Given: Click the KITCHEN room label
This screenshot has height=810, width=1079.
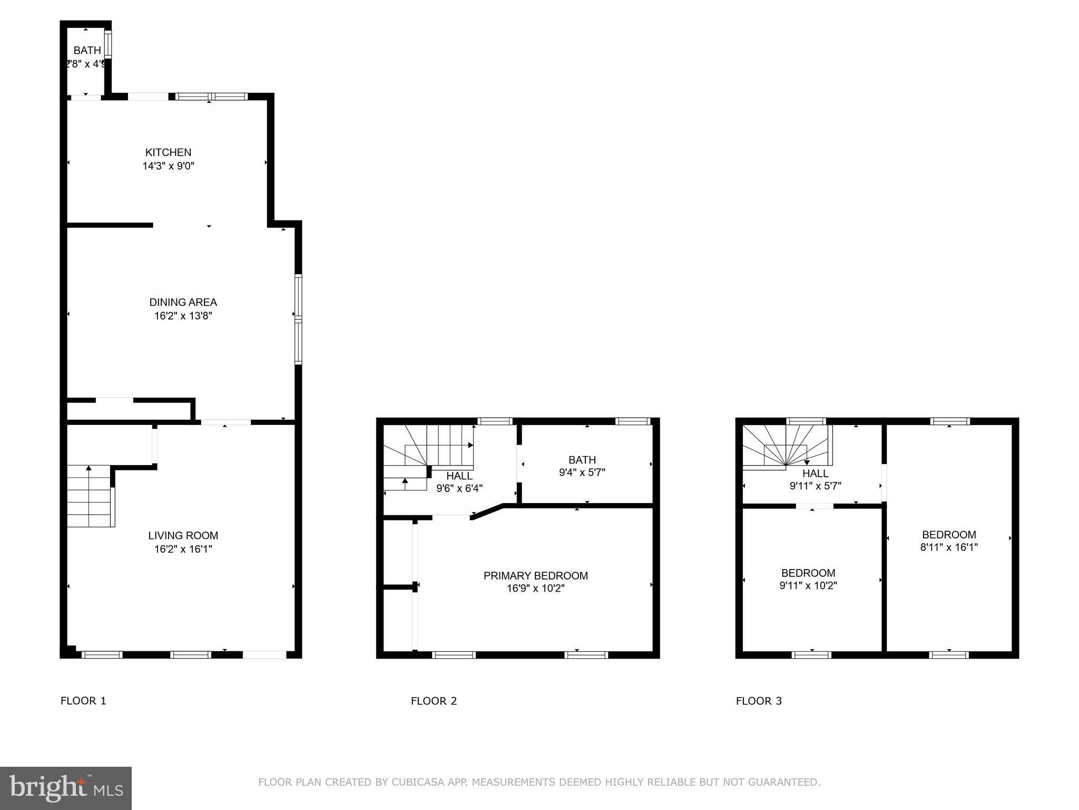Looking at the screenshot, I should pyautogui.click(x=168, y=152).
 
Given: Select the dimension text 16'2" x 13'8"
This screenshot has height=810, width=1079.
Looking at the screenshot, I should pyautogui.click(x=183, y=316).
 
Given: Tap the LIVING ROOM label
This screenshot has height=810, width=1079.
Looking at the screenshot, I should pyautogui.click(x=183, y=535).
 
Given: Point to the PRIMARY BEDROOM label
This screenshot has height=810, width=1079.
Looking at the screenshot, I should pyautogui.click(x=535, y=575).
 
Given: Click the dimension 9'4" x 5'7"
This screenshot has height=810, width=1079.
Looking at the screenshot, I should pyautogui.click(x=582, y=472).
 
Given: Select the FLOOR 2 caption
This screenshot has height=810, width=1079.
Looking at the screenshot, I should pyautogui.click(x=434, y=701).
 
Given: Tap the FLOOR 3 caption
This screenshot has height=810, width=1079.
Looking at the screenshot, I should pyautogui.click(x=759, y=701).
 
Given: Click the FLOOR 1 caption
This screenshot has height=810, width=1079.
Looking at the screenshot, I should pyautogui.click(x=83, y=701).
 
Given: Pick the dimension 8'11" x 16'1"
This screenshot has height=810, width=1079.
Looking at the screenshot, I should pyautogui.click(x=949, y=547).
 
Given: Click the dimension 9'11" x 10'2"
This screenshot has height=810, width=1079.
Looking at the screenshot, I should pyautogui.click(x=808, y=585).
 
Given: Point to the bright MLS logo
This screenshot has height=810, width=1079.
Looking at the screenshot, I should pyautogui.click(x=66, y=788).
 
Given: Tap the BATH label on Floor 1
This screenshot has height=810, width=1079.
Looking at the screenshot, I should pyautogui.click(x=87, y=51).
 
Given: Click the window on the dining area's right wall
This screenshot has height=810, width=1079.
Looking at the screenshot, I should pyautogui.click(x=298, y=319).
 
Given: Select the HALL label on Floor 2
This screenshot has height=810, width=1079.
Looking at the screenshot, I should pyautogui.click(x=459, y=476).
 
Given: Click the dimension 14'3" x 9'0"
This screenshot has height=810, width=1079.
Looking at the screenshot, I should pyautogui.click(x=168, y=166).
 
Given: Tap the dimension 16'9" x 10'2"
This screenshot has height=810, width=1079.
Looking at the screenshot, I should pyautogui.click(x=535, y=589).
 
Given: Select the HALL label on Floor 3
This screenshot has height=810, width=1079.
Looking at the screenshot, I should pyautogui.click(x=815, y=473).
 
